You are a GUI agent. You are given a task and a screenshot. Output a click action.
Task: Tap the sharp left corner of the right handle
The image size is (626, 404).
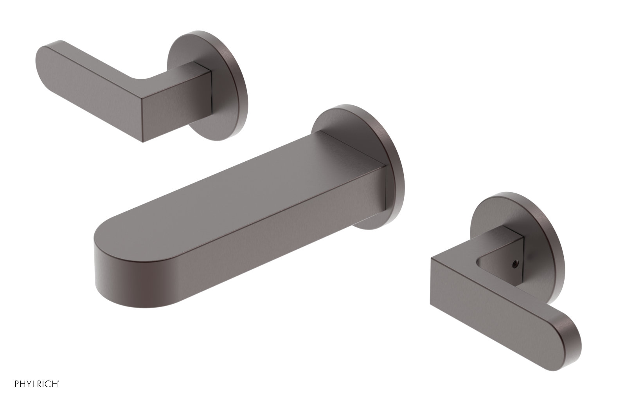pyautogui.click(x=431, y=259)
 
